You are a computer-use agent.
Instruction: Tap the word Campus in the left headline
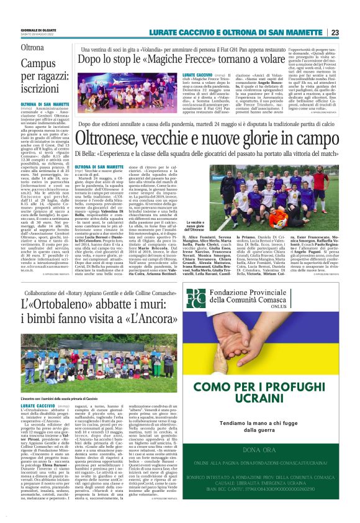click(38, 63)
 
